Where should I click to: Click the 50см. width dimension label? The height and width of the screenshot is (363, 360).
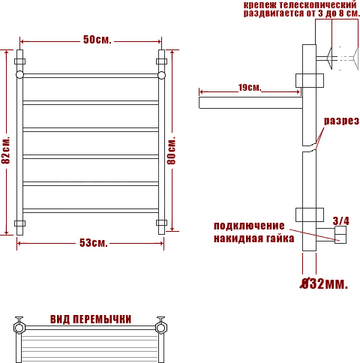click(97, 40)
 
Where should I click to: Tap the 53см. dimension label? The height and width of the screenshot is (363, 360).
click(94, 243)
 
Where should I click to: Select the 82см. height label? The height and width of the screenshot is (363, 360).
click(6, 150)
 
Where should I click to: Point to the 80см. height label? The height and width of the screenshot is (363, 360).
click(172, 151)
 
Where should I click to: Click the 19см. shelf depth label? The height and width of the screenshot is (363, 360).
click(250, 88)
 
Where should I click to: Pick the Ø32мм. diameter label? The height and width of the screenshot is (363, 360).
click(324, 283)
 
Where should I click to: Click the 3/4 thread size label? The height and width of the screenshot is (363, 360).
click(340, 221)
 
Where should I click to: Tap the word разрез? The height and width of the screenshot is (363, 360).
click(341, 121)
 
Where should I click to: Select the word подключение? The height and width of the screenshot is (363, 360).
click(249, 226)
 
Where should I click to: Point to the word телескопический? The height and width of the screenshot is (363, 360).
click(318, 4)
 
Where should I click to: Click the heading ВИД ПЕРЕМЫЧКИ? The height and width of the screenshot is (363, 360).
click(91, 319)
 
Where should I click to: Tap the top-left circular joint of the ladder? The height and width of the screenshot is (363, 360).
click(19, 75)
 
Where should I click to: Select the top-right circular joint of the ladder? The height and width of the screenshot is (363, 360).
click(161, 75)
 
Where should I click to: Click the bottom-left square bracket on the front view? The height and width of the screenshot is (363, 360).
click(19, 223)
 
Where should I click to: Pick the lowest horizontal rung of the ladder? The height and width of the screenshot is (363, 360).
click(91, 211)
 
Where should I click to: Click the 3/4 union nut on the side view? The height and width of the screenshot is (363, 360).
click(340, 235)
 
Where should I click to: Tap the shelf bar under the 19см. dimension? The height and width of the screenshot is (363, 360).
click(250, 103)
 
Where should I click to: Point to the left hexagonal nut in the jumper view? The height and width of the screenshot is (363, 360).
click(19, 328)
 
